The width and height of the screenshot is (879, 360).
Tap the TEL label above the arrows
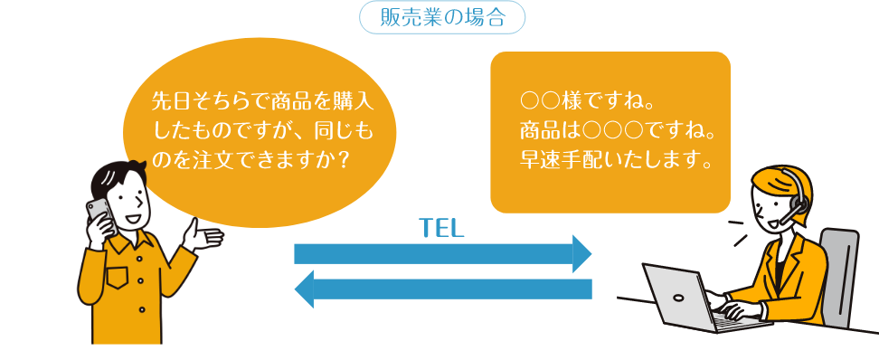tap(441, 228)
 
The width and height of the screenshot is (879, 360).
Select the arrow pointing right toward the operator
tap(442, 253)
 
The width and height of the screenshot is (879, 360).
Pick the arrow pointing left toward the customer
tap(442, 289)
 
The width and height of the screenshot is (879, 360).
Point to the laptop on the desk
tap(678, 298)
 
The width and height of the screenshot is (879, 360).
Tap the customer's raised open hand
tap(201, 238)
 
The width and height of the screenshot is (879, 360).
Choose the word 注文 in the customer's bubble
tap(215, 157)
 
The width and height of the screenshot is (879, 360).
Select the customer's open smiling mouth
tap(133, 218)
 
